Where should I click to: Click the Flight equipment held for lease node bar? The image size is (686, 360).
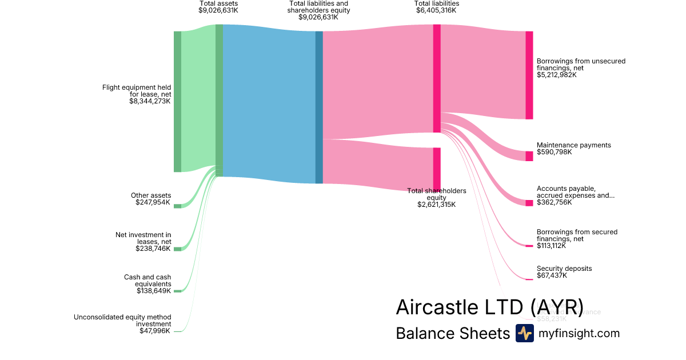click(x=177, y=101)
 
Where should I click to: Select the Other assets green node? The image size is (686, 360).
click(x=177, y=206)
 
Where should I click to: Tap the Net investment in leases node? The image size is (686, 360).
click(x=177, y=249)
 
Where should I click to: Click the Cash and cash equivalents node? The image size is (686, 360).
click(x=177, y=291)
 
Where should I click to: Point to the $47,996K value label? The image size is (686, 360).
click(x=155, y=331)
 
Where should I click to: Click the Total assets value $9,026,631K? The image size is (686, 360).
click(x=218, y=10)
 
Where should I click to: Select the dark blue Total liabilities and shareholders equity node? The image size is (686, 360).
click(x=319, y=107)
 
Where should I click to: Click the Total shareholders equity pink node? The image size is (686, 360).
click(x=437, y=168)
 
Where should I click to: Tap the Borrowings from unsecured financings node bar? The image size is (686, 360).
click(x=529, y=75)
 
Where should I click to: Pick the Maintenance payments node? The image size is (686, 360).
click(x=529, y=156)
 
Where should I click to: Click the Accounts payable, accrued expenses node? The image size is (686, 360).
click(x=529, y=203)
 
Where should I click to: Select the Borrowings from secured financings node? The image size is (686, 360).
click(x=529, y=246)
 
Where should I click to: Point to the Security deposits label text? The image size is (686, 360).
click(x=564, y=269)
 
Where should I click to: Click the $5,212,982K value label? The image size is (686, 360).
click(x=557, y=75)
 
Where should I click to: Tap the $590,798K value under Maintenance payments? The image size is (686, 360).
click(x=555, y=152)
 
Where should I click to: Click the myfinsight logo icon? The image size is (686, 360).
click(x=524, y=333)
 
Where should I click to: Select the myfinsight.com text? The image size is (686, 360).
click(x=579, y=333)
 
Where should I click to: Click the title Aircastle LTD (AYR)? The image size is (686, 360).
click(x=489, y=307)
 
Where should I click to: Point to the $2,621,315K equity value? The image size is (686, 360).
click(x=437, y=204)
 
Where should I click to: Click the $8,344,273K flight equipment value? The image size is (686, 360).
click(x=150, y=101)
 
